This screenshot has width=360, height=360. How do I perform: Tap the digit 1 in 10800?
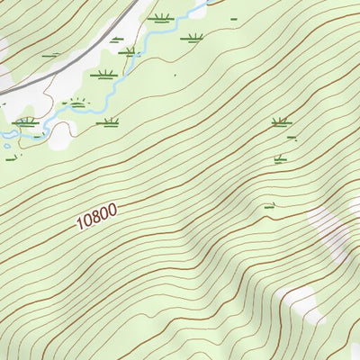[80, 225]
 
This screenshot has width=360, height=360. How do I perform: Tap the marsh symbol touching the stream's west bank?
[131, 52]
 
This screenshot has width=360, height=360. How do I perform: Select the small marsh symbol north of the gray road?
[116, 38]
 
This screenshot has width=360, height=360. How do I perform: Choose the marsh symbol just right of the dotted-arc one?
[109, 122]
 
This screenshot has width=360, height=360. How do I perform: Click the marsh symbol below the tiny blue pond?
[13, 159]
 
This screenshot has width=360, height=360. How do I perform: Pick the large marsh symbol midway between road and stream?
[104, 75]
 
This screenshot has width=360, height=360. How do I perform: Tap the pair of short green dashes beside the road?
[51, 56]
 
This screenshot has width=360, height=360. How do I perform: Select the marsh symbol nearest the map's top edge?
[161, 17]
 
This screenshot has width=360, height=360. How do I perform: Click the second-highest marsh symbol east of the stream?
[192, 38]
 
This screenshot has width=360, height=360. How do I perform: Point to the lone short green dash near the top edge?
[234, 18]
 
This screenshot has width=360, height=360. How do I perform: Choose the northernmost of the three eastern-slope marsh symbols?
[281, 121]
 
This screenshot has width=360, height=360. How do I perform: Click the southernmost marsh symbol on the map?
[268, 206]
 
